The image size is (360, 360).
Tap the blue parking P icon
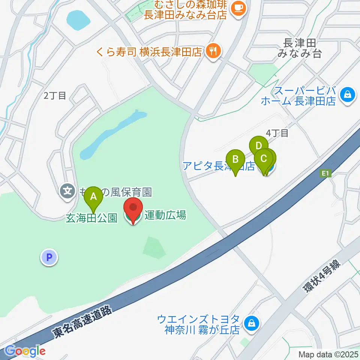49,258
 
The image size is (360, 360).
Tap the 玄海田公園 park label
92,218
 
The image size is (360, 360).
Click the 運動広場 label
165,215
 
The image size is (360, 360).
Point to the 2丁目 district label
55,96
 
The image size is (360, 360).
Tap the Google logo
25,351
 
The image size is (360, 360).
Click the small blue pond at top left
78,20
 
